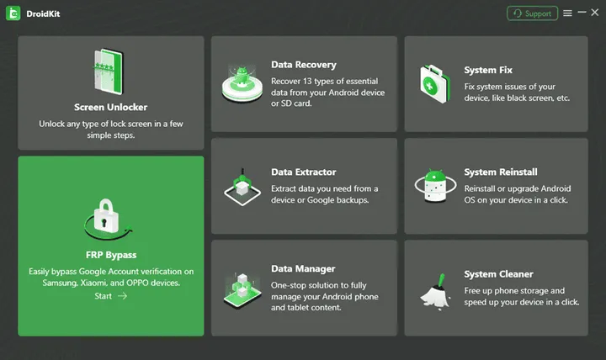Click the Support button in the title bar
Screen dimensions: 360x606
532,13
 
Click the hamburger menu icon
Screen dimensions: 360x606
568,13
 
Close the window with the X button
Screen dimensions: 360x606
594,13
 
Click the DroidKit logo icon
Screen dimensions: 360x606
13,13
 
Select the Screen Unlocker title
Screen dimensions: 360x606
111,107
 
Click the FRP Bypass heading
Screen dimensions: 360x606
110,254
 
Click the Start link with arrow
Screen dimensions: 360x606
110,296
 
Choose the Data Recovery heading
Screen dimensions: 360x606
304,65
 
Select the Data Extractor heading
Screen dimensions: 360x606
304,172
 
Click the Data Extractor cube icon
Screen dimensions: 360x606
242,186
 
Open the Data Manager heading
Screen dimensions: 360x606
303,269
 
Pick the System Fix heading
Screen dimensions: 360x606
488,71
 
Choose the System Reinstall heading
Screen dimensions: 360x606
501,172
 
